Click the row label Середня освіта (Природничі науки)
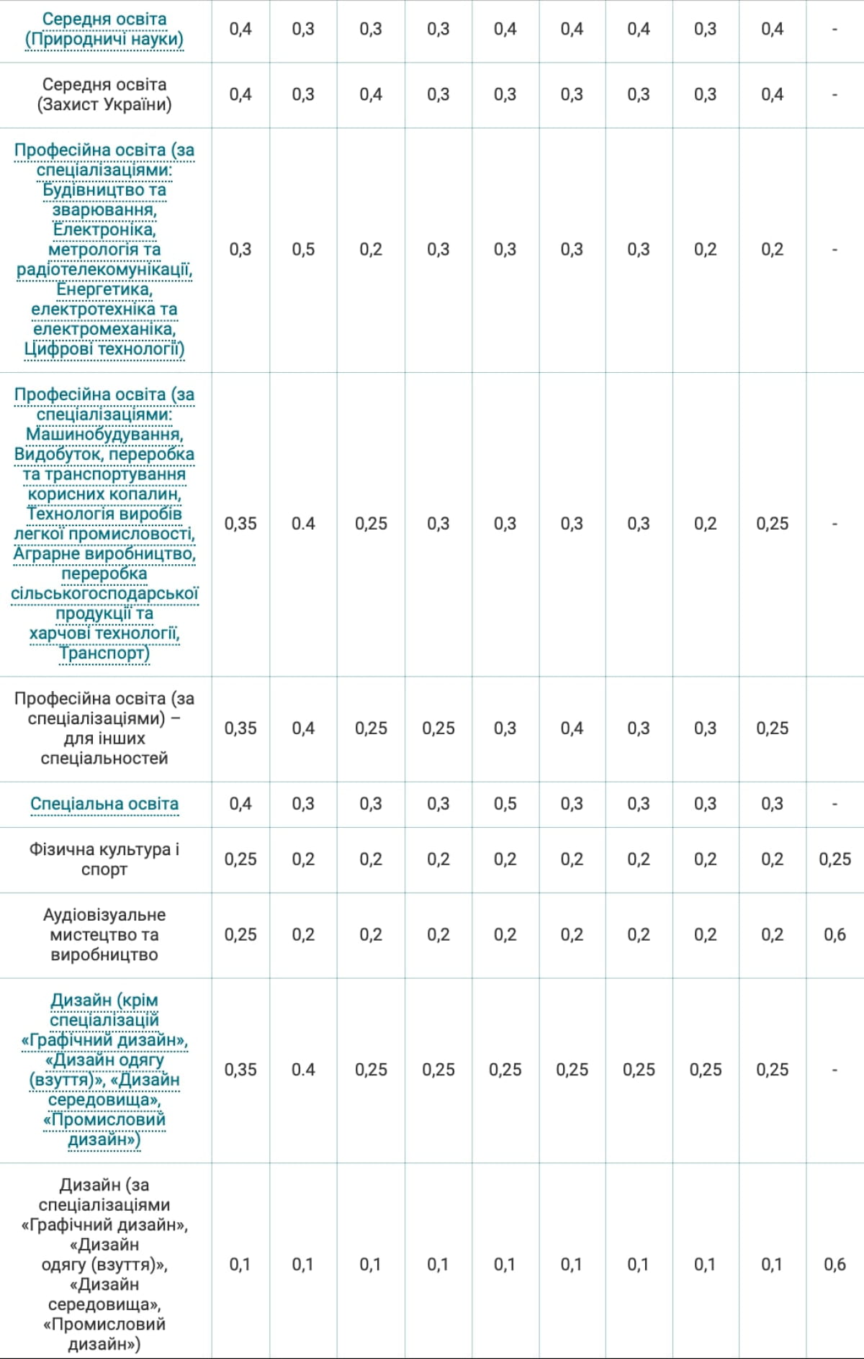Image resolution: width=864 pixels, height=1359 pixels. [x=104, y=29]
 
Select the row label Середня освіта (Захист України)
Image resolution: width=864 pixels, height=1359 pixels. [x=104, y=94]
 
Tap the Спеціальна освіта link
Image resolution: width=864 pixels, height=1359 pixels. [x=104, y=803]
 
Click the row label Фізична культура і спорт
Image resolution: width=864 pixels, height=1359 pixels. [x=104, y=859]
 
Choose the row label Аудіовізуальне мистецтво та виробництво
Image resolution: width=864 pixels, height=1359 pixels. [x=104, y=934]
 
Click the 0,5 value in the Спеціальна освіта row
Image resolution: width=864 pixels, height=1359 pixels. [x=505, y=803]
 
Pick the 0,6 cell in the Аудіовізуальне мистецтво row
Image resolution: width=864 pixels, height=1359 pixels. [x=834, y=934]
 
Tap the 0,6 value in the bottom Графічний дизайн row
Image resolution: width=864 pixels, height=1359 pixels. [x=834, y=1263]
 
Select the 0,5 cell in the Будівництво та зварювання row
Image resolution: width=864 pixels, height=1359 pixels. [x=303, y=249]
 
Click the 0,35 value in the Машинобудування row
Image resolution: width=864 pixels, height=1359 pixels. [x=240, y=523]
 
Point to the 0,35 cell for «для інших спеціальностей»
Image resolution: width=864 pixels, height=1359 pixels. [x=240, y=728]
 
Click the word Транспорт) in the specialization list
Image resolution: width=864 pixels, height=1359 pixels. [x=104, y=653]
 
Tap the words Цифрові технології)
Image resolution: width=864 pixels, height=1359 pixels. [x=104, y=349]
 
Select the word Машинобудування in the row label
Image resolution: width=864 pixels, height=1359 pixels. [x=104, y=434]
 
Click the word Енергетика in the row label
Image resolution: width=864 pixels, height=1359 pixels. [x=104, y=289]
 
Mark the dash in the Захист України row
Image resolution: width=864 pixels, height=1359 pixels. [x=834, y=94]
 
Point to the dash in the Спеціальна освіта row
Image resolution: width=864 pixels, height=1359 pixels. [x=834, y=803]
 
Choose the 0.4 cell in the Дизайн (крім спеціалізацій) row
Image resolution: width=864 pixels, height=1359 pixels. [x=303, y=1069]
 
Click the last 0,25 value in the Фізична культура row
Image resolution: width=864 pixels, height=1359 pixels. [x=834, y=859]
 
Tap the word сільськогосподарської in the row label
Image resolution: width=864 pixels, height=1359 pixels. [x=104, y=594]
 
